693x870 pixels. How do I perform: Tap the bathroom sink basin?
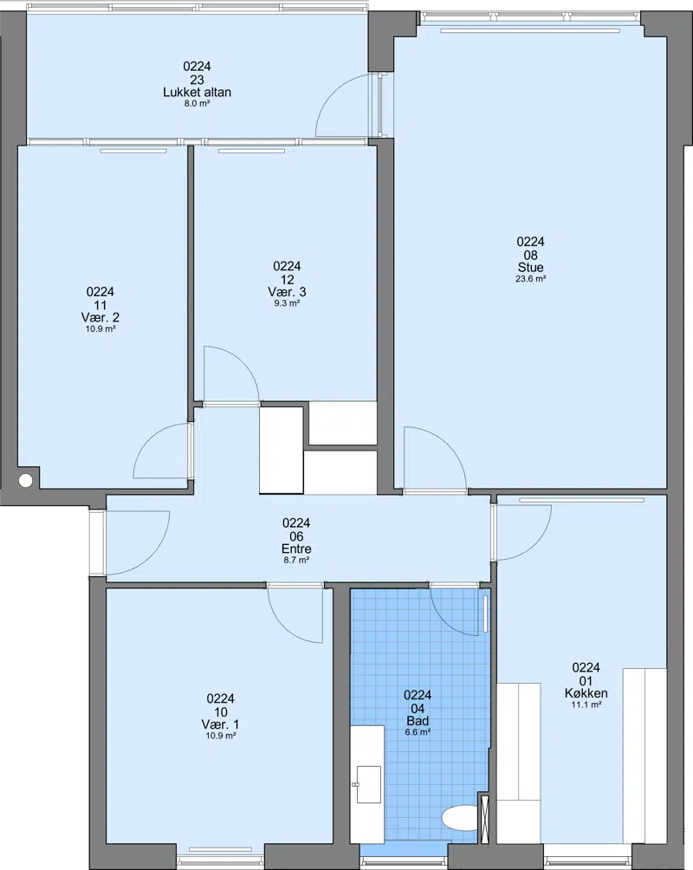(x=368, y=784)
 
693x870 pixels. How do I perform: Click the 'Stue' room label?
(x=530, y=268)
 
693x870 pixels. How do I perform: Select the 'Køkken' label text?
(x=586, y=693)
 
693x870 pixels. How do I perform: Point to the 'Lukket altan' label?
(x=197, y=92)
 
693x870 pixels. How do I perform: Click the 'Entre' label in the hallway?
(x=296, y=549)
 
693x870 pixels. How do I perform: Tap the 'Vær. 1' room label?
(x=220, y=724)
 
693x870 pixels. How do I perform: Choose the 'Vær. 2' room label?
(x=100, y=317)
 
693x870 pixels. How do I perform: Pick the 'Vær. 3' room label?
(x=287, y=292)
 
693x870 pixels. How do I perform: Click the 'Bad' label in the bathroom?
(x=418, y=721)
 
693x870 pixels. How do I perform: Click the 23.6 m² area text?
(x=530, y=279)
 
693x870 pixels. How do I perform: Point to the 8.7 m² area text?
(x=296, y=561)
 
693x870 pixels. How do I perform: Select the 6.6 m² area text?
(x=418, y=732)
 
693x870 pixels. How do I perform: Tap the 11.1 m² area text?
(x=586, y=704)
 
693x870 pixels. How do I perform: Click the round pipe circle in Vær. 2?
(x=25, y=481)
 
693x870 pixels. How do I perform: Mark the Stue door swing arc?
(x=450, y=445)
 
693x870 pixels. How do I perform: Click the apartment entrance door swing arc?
(x=153, y=557)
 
